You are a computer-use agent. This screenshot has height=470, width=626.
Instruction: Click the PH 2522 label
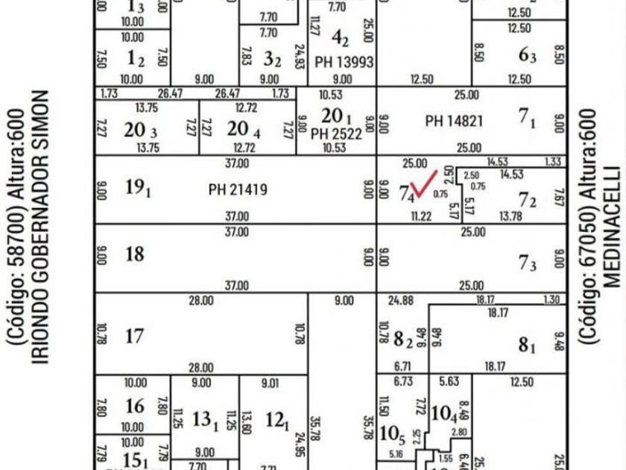pyautogui.click(x=336, y=134)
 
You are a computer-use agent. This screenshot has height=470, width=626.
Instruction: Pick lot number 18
pyautogui.click(x=134, y=254)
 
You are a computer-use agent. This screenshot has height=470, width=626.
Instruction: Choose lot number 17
pyautogui.click(x=134, y=336)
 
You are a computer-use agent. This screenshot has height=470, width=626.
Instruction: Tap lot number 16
pyautogui.click(x=134, y=406)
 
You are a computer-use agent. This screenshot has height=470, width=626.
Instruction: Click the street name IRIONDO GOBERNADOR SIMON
pyautogui.click(x=42, y=228)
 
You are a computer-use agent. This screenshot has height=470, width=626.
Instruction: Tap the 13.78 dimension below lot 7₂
pyautogui.click(x=510, y=216)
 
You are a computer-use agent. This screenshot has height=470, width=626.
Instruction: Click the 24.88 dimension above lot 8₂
pyautogui.click(x=401, y=301)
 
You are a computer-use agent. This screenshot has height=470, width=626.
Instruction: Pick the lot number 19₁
pyautogui.click(x=139, y=189)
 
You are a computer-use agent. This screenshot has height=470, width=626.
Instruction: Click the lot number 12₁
pyautogui.click(x=276, y=421)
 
